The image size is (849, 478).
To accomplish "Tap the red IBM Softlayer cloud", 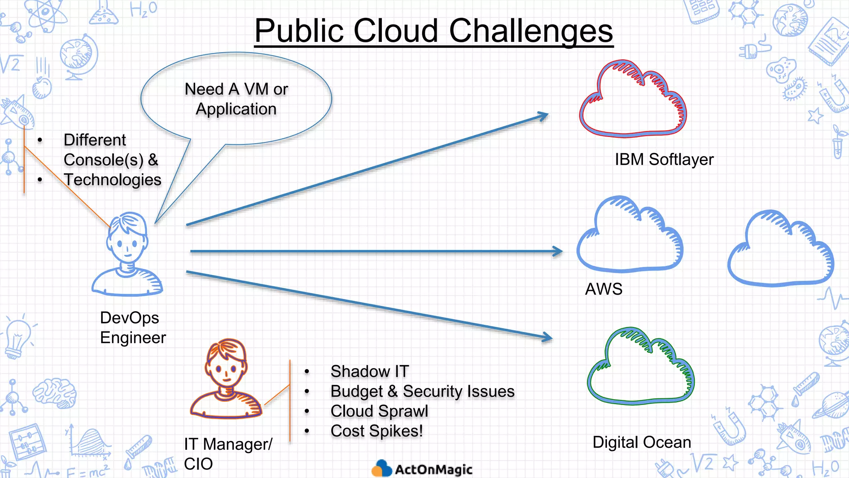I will [x=632, y=102].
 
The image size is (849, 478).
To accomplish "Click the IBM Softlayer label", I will [x=664, y=160].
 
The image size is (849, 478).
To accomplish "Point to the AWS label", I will [x=604, y=289].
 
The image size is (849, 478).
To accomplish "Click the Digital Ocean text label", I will [x=642, y=442].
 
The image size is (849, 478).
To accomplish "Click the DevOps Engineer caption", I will [x=133, y=328].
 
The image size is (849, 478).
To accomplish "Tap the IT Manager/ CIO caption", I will [x=228, y=454].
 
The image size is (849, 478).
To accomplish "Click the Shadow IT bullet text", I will [x=369, y=371].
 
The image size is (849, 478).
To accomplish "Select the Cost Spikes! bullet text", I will [x=376, y=431].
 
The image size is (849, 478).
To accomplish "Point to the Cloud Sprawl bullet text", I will [x=379, y=411].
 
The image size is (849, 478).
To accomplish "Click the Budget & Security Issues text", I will [x=422, y=391].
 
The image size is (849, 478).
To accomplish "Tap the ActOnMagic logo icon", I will [x=381, y=469].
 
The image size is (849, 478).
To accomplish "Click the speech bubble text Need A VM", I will [x=236, y=90].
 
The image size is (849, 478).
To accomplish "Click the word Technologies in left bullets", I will [x=112, y=180].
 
